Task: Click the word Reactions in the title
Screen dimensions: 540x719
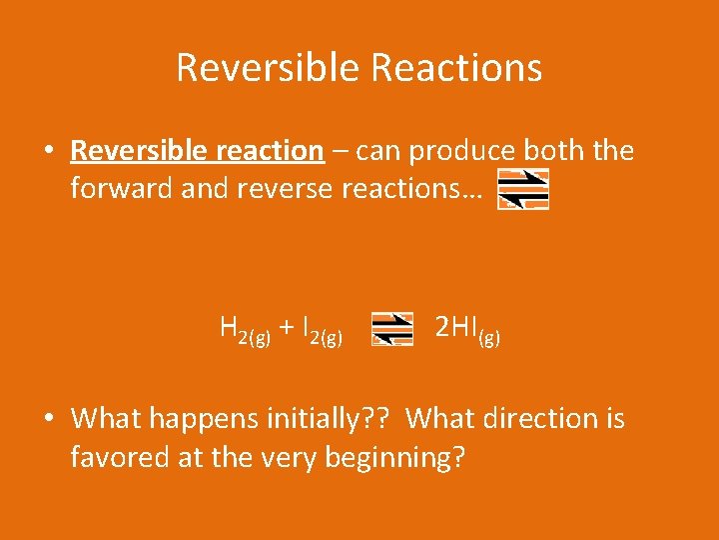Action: tap(455, 68)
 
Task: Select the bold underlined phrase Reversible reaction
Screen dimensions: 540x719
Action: tap(197, 151)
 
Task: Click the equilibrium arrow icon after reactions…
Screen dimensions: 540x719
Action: tap(523, 189)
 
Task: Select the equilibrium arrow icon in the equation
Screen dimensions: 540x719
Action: tap(391, 328)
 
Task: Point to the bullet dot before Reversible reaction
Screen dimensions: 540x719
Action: tap(48, 152)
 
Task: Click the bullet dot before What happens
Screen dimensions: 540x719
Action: tap(48, 419)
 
